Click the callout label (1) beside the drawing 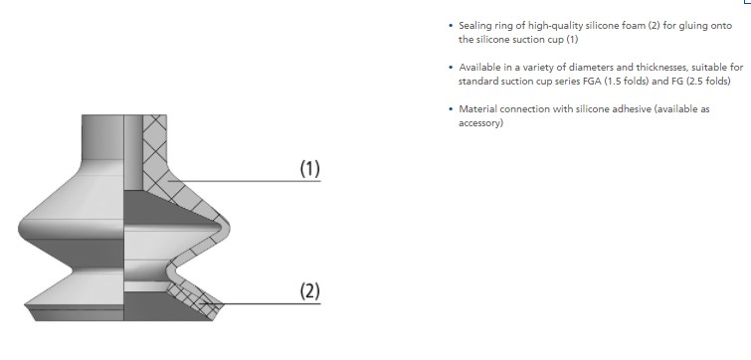click(309, 169)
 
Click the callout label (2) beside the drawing click(309, 290)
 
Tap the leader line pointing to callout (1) click(249, 181)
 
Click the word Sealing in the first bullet click(473, 26)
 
